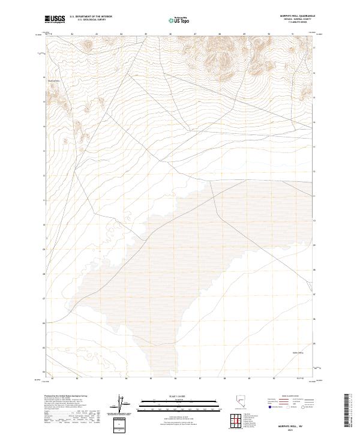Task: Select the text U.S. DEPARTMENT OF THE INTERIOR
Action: point(91,17)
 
